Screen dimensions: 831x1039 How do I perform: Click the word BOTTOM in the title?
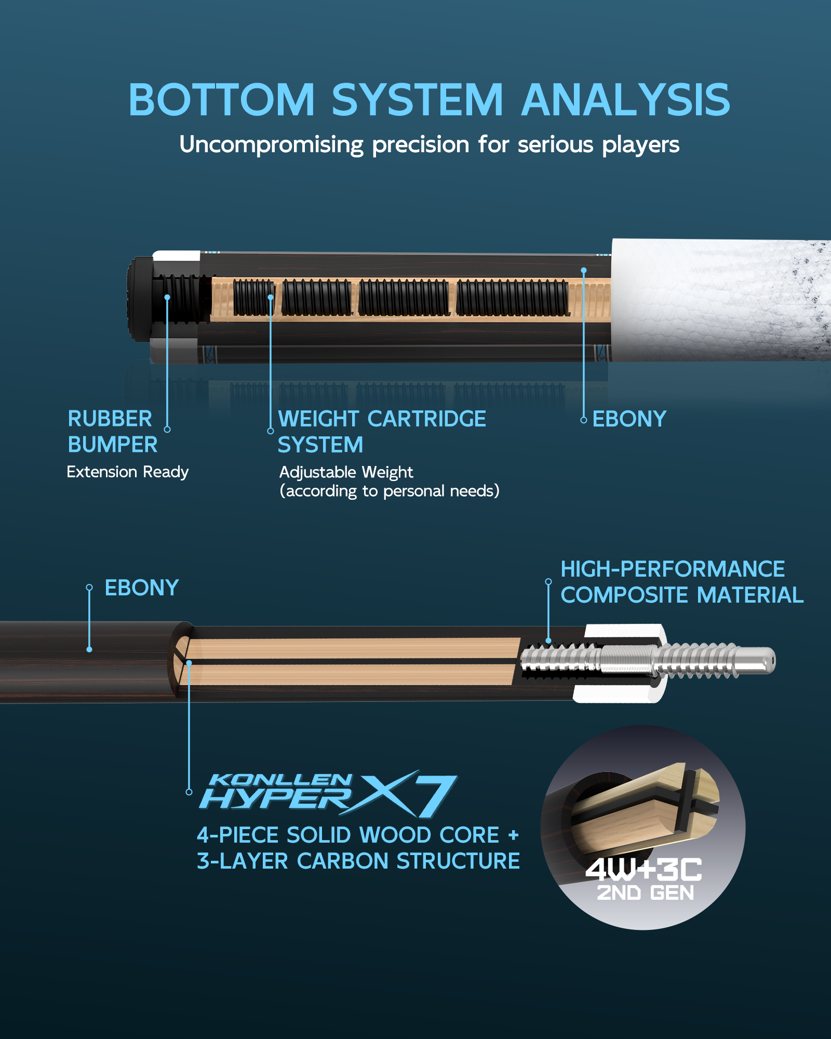pyautogui.click(x=222, y=100)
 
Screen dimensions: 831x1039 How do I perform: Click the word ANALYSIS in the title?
pyautogui.click(x=626, y=100)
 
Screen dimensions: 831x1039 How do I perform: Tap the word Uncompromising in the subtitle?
pyautogui.click(x=271, y=145)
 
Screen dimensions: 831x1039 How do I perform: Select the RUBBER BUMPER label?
pyautogui.click(x=113, y=432)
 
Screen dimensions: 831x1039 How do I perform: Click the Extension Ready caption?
pyautogui.click(x=128, y=472)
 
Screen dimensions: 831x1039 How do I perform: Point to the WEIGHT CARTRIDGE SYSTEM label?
pyautogui.click(x=382, y=432)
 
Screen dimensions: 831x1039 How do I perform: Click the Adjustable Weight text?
pyautogui.click(x=346, y=472)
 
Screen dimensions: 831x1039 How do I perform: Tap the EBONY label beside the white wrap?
pyautogui.click(x=629, y=419)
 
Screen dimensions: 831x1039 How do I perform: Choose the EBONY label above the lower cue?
pyautogui.click(x=142, y=588)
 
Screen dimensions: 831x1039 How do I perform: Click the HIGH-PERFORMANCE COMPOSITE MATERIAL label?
pyautogui.click(x=682, y=582)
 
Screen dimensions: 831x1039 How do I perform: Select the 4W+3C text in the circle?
pyautogui.click(x=644, y=870)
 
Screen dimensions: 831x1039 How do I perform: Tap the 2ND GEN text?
pyautogui.click(x=646, y=893)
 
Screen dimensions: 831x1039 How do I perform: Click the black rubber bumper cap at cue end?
pyautogui.click(x=139, y=299)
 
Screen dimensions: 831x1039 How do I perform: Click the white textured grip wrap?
pyautogui.click(x=722, y=300)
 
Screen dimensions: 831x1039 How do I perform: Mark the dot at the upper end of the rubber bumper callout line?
pyautogui.click(x=167, y=298)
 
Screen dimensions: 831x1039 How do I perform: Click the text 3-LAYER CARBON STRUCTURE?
pyautogui.click(x=358, y=861)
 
